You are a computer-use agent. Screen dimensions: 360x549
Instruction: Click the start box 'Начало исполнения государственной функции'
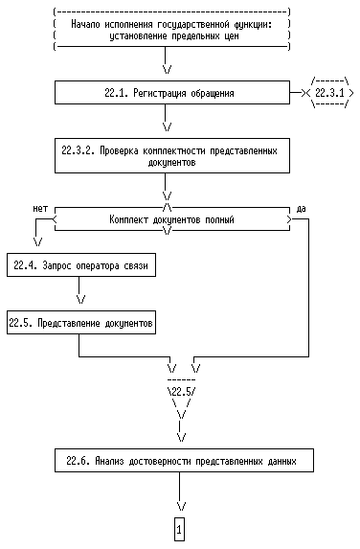(x=171, y=30)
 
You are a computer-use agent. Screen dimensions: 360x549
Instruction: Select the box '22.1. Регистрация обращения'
(x=172, y=92)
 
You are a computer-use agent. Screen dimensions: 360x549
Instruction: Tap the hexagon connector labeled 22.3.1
(x=330, y=93)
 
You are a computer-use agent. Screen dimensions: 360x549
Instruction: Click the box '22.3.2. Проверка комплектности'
(x=172, y=156)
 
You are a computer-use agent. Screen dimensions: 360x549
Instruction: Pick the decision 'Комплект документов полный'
(x=172, y=219)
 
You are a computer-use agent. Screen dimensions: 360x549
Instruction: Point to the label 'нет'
(x=40, y=209)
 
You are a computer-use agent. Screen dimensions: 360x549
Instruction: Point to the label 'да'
(x=301, y=209)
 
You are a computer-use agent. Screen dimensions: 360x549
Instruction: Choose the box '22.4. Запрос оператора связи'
(x=81, y=265)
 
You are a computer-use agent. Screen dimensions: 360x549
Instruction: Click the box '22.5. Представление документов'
(x=81, y=323)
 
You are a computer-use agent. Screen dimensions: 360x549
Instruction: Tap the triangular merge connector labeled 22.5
(x=181, y=396)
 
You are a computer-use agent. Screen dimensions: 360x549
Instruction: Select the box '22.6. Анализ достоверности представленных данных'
(x=184, y=461)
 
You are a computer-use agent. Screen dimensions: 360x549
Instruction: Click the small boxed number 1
(x=179, y=530)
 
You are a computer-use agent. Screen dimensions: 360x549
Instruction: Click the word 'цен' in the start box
(x=232, y=36)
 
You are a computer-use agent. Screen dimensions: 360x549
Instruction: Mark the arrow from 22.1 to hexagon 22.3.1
(x=297, y=93)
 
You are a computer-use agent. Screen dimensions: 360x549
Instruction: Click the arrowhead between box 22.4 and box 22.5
(x=81, y=299)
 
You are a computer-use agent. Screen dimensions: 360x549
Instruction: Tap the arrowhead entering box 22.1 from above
(x=168, y=69)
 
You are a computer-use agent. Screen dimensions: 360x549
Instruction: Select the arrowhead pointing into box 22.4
(x=37, y=241)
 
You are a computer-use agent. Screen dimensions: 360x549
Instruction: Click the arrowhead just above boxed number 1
(x=181, y=506)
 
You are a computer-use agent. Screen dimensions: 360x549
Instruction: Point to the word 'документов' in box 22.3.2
(x=171, y=163)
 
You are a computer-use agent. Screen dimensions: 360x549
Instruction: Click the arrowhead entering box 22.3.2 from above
(x=168, y=126)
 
